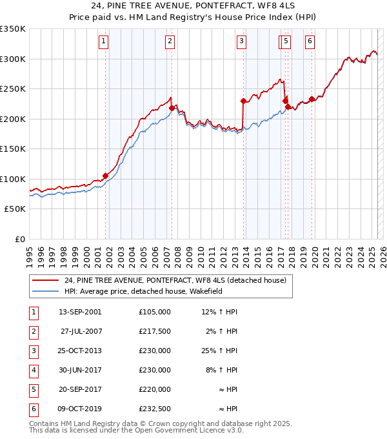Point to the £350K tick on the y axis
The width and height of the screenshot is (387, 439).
pyautogui.click(x=13, y=29)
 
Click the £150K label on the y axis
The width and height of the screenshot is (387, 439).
pyautogui.click(x=13, y=149)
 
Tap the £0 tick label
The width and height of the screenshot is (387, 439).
pyautogui.click(x=19, y=239)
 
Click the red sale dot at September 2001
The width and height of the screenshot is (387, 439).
pyautogui.click(x=106, y=176)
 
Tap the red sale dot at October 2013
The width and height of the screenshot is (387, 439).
pyautogui.click(x=243, y=101)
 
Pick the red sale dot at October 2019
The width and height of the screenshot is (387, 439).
pyautogui.click(x=312, y=99)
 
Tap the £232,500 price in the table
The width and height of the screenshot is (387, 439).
pyautogui.click(x=154, y=409)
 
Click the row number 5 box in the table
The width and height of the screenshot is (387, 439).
pyautogui.click(x=33, y=389)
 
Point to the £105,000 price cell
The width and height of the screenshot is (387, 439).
pyautogui.click(x=154, y=312)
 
